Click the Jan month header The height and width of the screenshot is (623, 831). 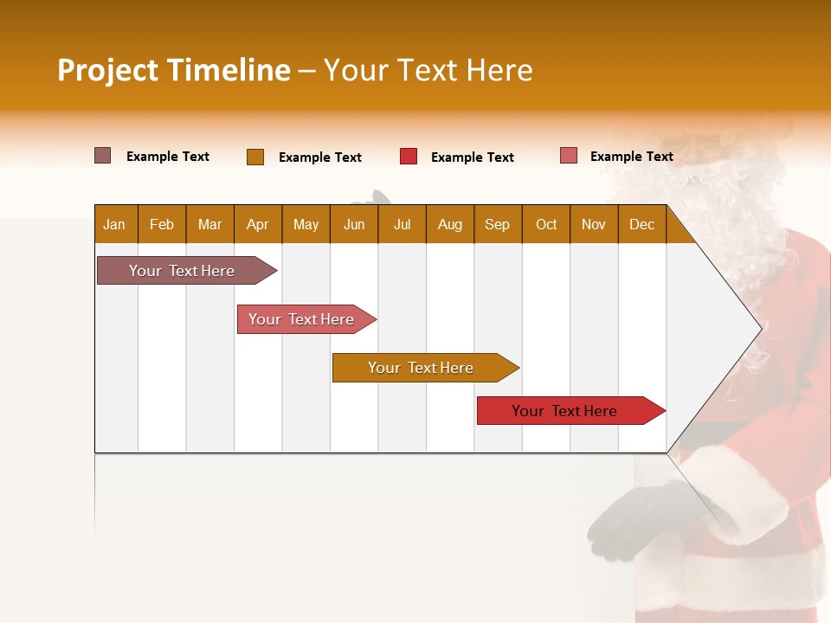(x=115, y=224)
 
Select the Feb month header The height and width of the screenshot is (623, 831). (x=162, y=224)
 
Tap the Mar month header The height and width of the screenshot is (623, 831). (x=209, y=224)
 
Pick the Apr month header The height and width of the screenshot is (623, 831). (x=258, y=224)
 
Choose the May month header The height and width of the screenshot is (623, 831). (x=306, y=224)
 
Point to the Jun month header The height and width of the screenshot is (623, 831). (x=354, y=224)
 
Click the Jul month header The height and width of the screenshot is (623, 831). (x=402, y=224)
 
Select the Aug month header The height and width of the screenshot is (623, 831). (x=450, y=224)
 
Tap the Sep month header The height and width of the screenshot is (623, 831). (x=498, y=224)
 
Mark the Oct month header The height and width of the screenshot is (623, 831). (x=546, y=224)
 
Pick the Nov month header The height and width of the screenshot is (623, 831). (x=594, y=224)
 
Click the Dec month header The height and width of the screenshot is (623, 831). (x=642, y=224)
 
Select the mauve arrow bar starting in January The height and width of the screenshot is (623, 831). (x=183, y=271)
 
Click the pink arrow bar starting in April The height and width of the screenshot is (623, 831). (x=302, y=319)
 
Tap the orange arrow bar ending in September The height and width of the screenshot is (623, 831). (x=422, y=368)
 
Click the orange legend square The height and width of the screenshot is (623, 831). (x=255, y=157)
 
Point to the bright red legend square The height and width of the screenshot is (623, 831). (x=409, y=157)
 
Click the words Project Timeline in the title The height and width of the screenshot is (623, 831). (x=174, y=70)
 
